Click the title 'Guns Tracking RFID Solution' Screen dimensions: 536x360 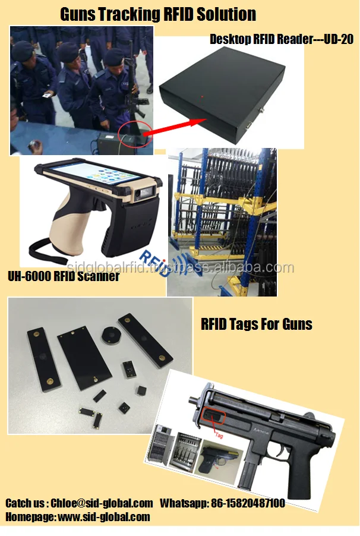coord(158,14)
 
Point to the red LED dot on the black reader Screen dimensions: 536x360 coord(202,95)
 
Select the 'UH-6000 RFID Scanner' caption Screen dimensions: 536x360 coord(64,276)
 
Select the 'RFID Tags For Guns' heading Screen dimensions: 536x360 coord(257,324)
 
